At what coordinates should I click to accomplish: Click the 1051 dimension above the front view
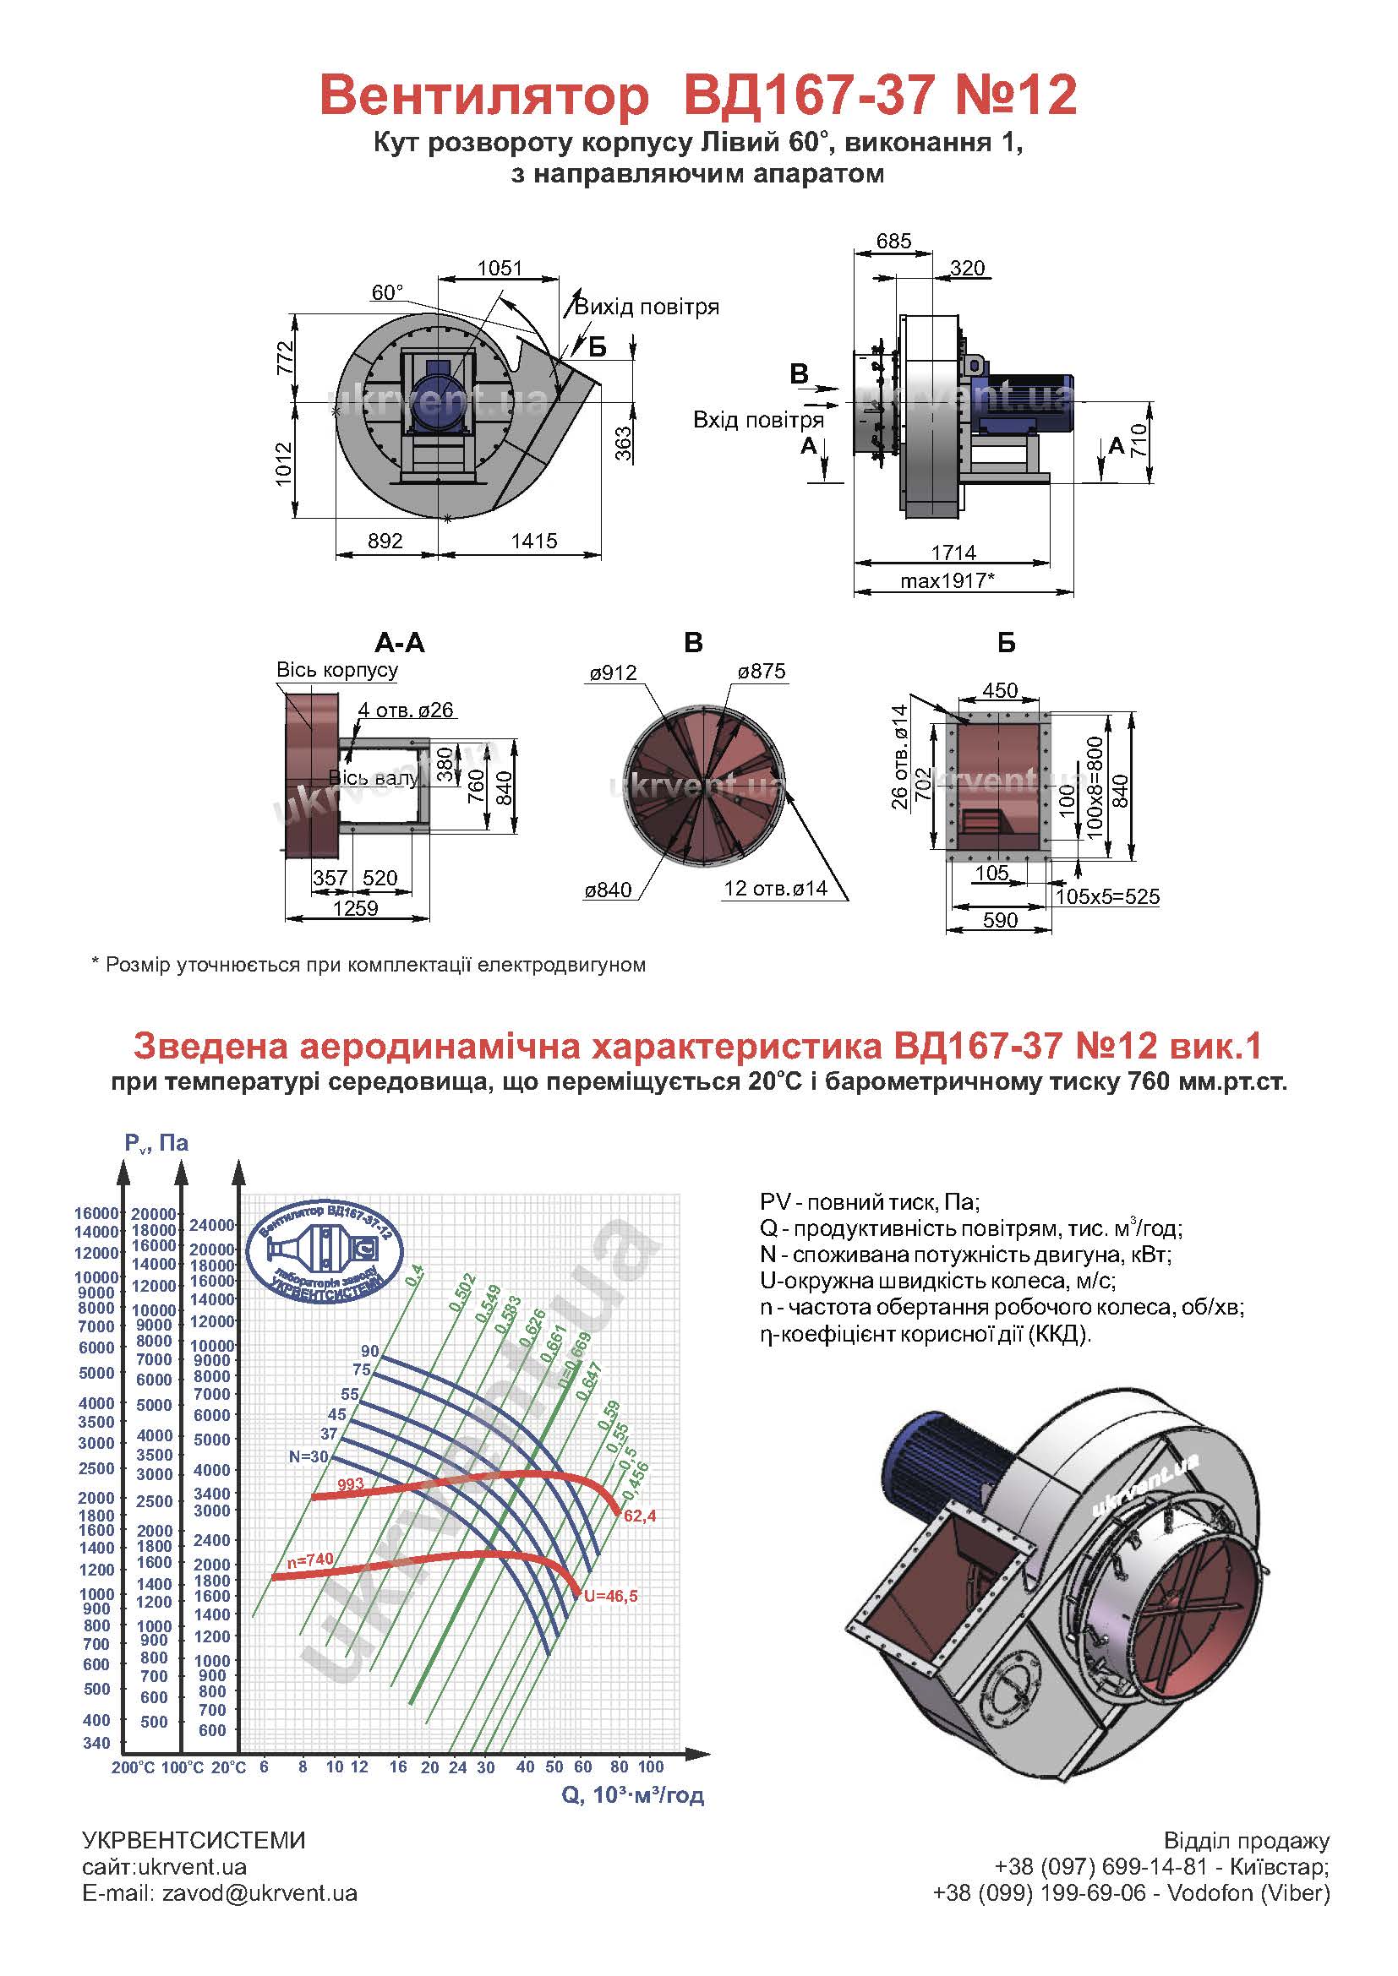click(x=500, y=268)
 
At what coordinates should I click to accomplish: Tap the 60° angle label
click(x=387, y=292)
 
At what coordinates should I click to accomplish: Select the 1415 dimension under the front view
click(x=533, y=541)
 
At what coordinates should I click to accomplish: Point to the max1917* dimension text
click(x=947, y=580)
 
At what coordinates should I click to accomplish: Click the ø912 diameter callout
click(x=613, y=672)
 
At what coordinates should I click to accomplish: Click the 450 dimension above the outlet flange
click(x=1000, y=690)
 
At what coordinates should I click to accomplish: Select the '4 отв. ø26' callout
click(x=406, y=710)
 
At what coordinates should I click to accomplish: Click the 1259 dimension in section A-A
click(x=356, y=908)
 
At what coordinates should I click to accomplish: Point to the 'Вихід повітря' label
click(x=647, y=308)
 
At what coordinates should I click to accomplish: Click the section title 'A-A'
click(x=400, y=642)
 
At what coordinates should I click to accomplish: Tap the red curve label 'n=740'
click(x=310, y=1559)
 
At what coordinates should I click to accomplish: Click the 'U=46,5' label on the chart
click(x=610, y=1596)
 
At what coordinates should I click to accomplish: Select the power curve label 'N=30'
click(x=309, y=1456)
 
